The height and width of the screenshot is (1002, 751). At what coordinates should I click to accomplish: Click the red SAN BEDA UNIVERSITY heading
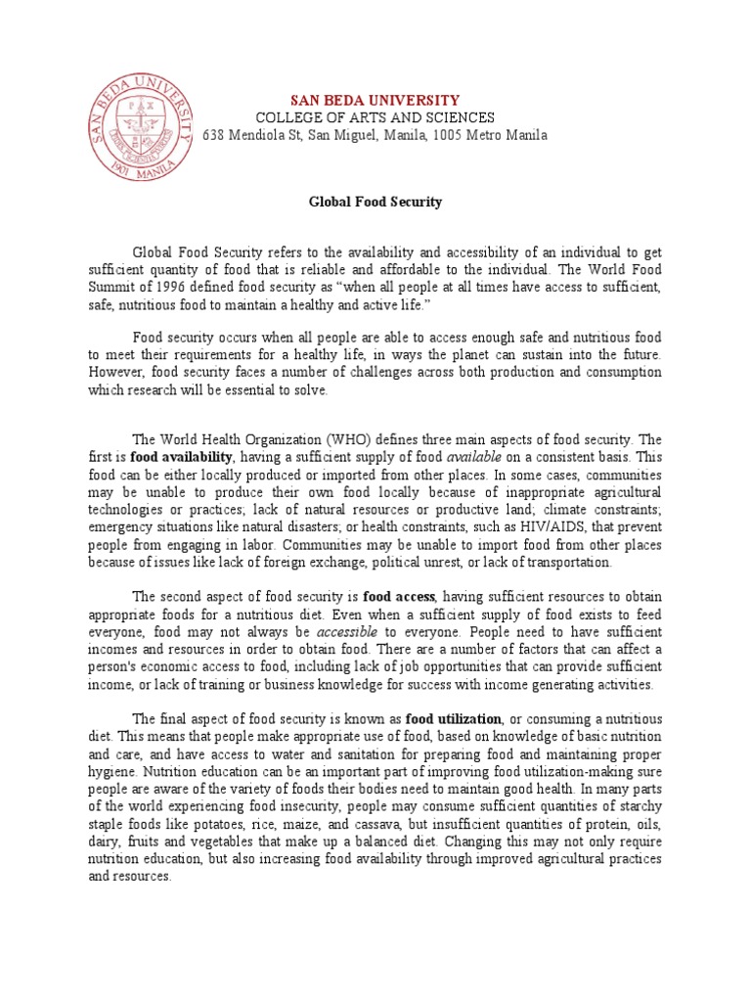pyautogui.click(x=375, y=100)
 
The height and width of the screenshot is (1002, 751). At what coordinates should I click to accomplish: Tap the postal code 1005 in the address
pyautogui.click(x=449, y=135)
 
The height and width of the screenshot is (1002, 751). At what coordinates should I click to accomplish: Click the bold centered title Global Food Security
pyautogui.click(x=375, y=203)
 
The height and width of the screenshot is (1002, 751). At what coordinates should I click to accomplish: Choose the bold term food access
pyautogui.click(x=400, y=597)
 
